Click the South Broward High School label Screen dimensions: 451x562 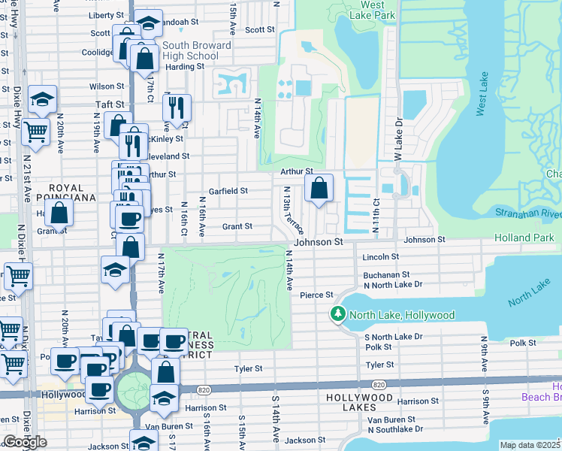coord(191,50)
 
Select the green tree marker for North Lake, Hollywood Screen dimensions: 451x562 coord(338,314)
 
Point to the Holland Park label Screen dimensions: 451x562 coord(524,238)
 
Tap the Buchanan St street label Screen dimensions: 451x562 coord(386,275)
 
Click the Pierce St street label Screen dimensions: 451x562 coord(316,295)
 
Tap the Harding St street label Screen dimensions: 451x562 coord(184,66)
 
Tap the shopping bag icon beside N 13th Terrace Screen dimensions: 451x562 coord(319,190)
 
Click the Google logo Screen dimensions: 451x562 coord(24,442)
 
